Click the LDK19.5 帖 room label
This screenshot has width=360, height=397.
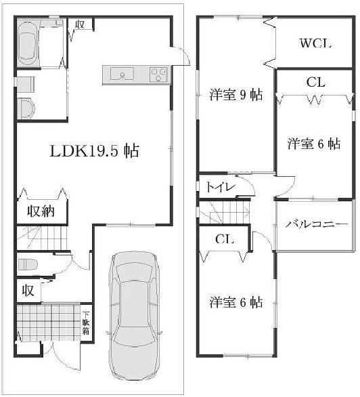[x=94, y=151]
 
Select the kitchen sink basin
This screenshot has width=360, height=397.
[x=121, y=74]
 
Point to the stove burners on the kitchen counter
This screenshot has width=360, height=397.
[x=159, y=74]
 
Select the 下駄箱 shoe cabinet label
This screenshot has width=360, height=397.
[x=86, y=324]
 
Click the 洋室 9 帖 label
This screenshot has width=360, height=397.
[x=235, y=95]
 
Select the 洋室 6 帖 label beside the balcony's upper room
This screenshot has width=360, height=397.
[x=313, y=144]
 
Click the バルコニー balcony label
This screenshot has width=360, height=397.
[x=315, y=224]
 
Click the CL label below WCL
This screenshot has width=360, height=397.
[x=315, y=83]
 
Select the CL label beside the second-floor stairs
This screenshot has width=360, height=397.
[x=225, y=239]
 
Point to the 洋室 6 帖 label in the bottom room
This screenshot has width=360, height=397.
[x=235, y=302]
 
